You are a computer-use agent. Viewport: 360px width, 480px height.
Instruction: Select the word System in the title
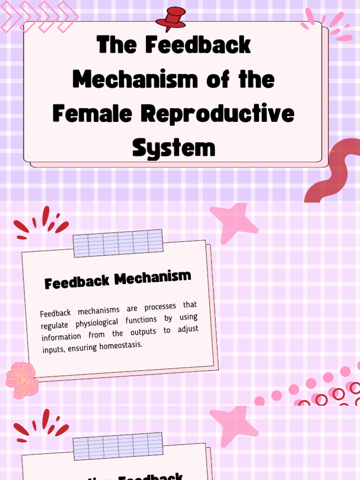coord(173,148)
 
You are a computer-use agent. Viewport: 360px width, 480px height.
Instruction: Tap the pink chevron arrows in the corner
coord(40,16)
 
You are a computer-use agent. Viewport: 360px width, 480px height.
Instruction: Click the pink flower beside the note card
coord(22,380)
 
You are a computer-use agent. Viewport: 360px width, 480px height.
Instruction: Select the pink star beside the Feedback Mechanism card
coord(233,223)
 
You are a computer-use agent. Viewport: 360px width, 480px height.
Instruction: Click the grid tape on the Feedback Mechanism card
coord(118,243)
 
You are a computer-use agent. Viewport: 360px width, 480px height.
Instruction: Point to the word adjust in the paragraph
coord(188,329)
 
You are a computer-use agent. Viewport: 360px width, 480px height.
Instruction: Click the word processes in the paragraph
coord(160,307)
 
